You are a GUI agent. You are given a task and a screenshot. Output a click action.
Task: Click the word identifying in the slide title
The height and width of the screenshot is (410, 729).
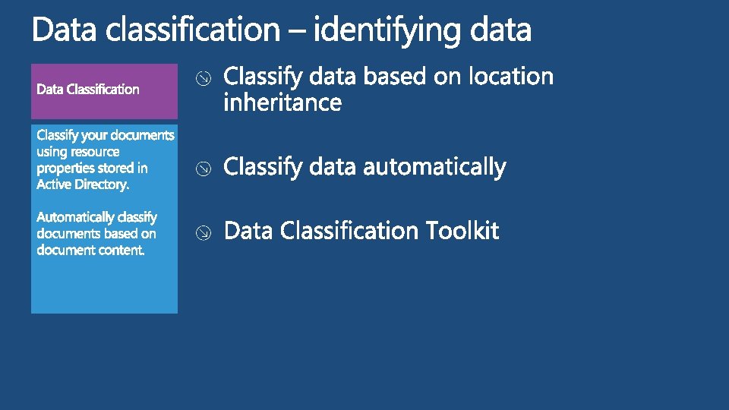click(387, 31)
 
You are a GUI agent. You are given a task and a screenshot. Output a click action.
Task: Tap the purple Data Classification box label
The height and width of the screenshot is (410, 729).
click(88, 90)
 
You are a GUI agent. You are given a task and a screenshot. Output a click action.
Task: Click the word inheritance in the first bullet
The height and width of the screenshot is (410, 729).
click(282, 102)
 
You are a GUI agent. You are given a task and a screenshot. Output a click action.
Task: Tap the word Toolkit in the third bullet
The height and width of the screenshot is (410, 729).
click(462, 230)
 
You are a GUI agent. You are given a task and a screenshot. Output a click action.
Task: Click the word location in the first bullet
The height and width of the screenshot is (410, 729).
click(511, 77)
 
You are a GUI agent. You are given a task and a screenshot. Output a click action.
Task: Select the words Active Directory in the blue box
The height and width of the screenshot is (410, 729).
click(83, 184)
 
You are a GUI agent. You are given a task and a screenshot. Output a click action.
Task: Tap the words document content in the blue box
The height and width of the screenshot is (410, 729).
click(90, 251)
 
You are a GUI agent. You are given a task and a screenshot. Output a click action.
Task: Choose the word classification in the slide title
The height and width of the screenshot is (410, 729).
click(193, 31)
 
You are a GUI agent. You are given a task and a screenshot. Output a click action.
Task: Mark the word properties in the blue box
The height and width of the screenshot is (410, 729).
click(65, 169)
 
